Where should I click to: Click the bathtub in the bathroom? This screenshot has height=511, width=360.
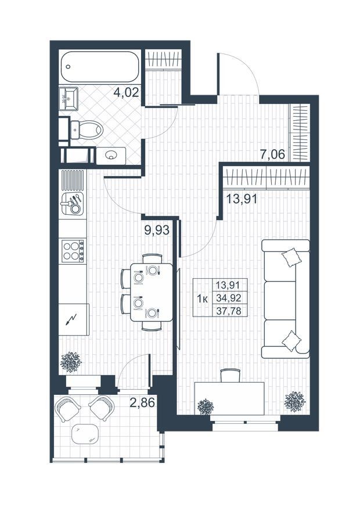[x=99, y=66]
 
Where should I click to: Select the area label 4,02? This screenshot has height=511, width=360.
[x=127, y=92]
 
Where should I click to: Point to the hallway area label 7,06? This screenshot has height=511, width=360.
[x=272, y=154]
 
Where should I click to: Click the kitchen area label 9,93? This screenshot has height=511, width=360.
[x=157, y=230]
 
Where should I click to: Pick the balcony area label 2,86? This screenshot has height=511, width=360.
[x=142, y=403]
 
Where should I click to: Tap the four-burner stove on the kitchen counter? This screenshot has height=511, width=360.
[x=73, y=250]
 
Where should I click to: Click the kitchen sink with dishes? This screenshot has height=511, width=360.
[x=73, y=203]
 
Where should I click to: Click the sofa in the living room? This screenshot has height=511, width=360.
[x=286, y=299]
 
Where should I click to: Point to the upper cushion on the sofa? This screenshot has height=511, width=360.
[x=291, y=257]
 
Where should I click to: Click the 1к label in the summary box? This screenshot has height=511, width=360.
[x=203, y=298]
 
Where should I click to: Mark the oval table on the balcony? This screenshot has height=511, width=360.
[x=85, y=434]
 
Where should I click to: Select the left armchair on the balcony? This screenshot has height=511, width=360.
[x=68, y=408]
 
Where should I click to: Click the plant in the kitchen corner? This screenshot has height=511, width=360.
[x=71, y=362]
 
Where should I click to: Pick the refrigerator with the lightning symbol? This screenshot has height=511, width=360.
[x=74, y=320]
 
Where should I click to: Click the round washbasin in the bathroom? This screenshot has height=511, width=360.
[x=111, y=156]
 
